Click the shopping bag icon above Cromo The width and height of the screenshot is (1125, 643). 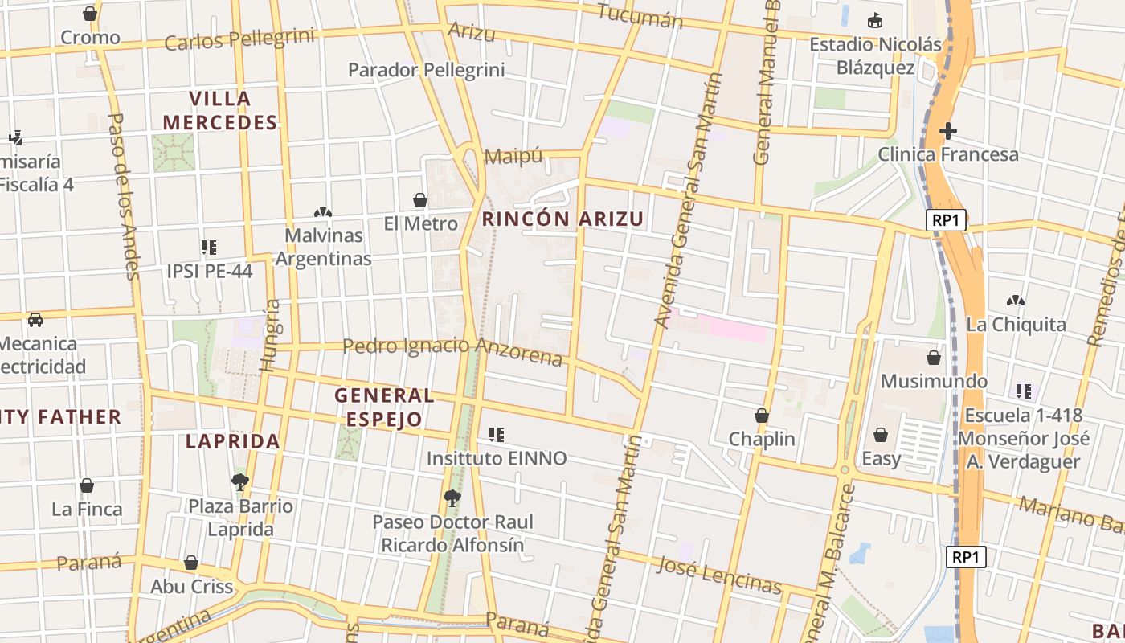(90, 14)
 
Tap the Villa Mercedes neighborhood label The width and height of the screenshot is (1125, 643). (219, 111)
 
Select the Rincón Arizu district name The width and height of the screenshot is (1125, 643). (562, 219)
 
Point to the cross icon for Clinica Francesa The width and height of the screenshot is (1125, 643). (948, 130)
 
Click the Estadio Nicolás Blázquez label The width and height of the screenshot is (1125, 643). (875, 55)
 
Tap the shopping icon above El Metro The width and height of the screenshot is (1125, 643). (419, 199)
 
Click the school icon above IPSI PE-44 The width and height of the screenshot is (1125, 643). (209, 248)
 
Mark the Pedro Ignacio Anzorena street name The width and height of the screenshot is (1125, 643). (452, 350)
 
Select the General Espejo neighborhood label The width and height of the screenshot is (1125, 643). (384, 407)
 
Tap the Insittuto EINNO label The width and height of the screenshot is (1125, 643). (496, 458)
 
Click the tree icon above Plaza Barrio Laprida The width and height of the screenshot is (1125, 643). (239, 481)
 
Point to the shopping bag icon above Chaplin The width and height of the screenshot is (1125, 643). (761, 416)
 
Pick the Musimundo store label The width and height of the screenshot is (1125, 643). (934, 380)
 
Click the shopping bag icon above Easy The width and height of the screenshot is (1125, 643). (881, 435)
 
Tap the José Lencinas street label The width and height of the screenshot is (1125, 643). (719, 574)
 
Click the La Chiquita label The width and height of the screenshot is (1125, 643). (1016, 324)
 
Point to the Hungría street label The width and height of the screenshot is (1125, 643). (271, 335)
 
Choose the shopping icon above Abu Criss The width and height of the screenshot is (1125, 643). (191, 563)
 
